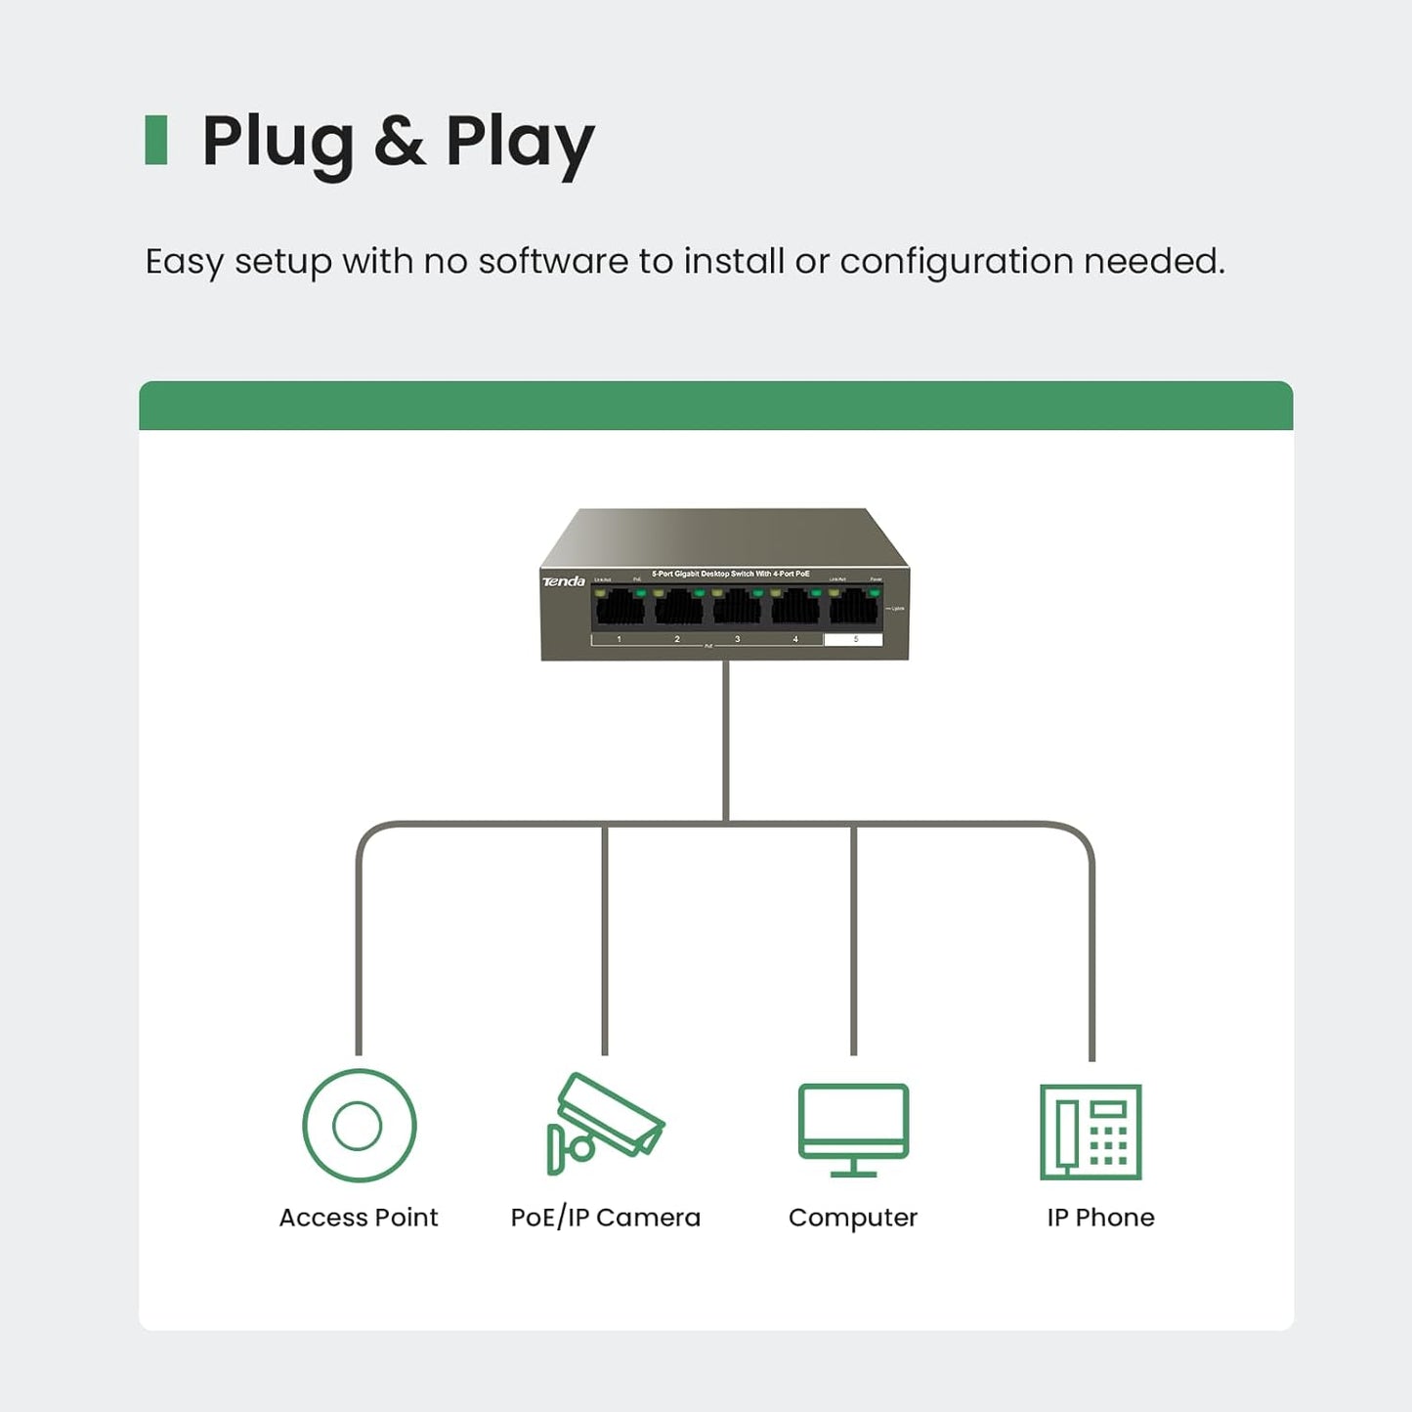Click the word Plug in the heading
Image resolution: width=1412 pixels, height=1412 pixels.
coord(278,142)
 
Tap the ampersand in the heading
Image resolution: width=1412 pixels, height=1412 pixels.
coord(400,142)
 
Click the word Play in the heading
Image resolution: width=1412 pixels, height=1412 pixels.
coord(520,142)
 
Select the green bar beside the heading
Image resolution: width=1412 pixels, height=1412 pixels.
coord(156,140)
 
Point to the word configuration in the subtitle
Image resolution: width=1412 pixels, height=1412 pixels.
coord(956,262)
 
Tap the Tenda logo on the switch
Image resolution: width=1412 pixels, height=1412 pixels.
coord(564,581)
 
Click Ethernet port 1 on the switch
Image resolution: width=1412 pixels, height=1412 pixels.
coord(620,608)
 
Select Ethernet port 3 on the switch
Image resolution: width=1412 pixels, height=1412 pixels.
coord(737,608)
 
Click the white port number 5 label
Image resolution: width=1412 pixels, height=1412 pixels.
coord(853,640)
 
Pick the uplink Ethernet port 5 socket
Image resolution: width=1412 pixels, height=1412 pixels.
coord(854,608)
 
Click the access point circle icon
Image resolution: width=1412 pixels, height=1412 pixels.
coord(359,1126)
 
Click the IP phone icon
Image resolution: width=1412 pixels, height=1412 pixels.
coord(1091,1132)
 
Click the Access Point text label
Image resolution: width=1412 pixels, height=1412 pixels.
coord(359,1218)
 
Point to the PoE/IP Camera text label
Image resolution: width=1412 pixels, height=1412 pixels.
coord(606,1218)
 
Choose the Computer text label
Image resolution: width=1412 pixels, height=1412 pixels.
coord(853,1218)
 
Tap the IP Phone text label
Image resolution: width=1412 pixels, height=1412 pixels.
coord(1100,1218)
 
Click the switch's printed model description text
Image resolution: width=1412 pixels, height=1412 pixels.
coord(731,574)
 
